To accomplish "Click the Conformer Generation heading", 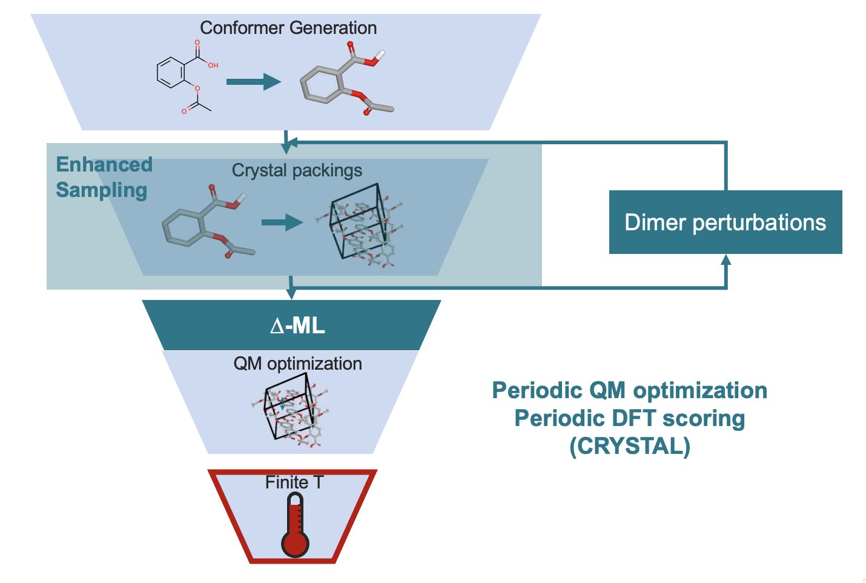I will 288,28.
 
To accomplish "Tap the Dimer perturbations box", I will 725,222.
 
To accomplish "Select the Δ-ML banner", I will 297,326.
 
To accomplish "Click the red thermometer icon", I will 295,525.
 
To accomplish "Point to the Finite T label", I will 294,482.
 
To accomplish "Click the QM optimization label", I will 297,364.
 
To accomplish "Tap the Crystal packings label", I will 297,170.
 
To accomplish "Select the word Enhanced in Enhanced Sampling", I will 104,165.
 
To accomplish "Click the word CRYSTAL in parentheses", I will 630,447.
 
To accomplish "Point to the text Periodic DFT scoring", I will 630,418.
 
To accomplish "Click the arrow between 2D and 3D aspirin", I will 253,81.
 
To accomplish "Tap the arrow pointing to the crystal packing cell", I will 282,222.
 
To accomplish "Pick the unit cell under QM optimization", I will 291,407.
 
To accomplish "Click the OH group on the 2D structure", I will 213,65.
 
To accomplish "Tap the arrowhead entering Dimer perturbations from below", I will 726,259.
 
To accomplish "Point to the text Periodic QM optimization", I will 630,391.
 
